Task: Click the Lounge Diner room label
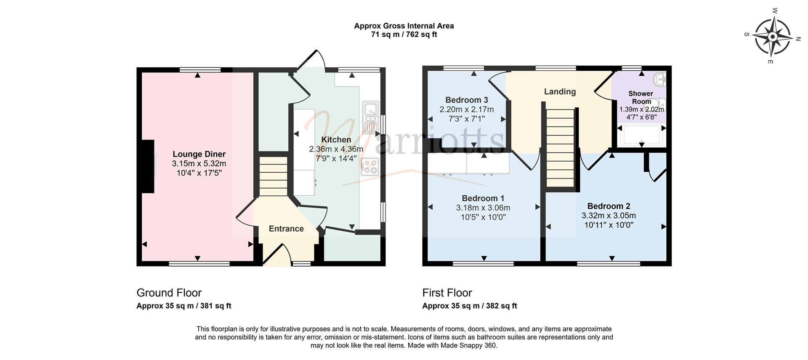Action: (x=199, y=155)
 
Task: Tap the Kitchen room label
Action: (x=336, y=140)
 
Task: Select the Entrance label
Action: (x=286, y=229)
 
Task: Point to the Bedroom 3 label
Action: (x=467, y=100)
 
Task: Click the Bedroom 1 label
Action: (x=483, y=198)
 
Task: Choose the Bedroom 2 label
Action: (x=609, y=206)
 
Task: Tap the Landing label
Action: (x=560, y=92)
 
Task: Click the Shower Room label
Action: (x=641, y=97)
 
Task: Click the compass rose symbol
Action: (x=773, y=37)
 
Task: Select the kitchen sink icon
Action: (x=371, y=117)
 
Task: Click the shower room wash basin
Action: (x=660, y=79)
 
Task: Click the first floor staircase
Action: (x=561, y=148)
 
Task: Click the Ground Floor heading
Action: (x=169, y=293)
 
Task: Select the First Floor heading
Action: (x=447, y=293)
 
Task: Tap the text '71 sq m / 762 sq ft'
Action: (x=404, y=35)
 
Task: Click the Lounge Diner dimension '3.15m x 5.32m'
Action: (x=199, y=164)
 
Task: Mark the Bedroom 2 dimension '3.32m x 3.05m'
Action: (x=609, y=216)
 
